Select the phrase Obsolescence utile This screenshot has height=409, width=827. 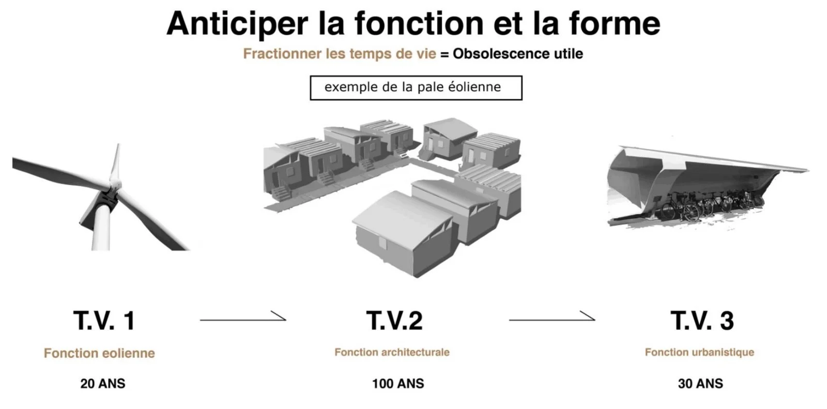[x=518, y=54]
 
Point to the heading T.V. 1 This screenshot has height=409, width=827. [x=104, y=321]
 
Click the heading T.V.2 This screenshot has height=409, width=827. [x=394, y=321]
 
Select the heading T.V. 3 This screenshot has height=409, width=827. [x=702, y=321]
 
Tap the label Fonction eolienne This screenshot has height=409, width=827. [x=99, y=353]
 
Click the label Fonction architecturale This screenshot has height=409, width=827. [x=392, y=352]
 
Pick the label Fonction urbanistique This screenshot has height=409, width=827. [x=699, y=352]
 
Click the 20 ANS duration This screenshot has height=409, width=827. [x=103, y=384]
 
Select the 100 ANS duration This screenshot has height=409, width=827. [x=398, y=384]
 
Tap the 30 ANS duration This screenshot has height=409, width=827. [x=700, y=384]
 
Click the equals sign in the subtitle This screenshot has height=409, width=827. [x=445, y=54]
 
